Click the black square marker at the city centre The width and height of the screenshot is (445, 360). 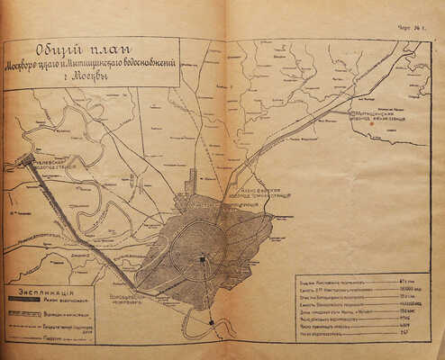203,259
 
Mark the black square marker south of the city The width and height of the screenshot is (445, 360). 212,321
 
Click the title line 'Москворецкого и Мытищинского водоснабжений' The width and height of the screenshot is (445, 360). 90,66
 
